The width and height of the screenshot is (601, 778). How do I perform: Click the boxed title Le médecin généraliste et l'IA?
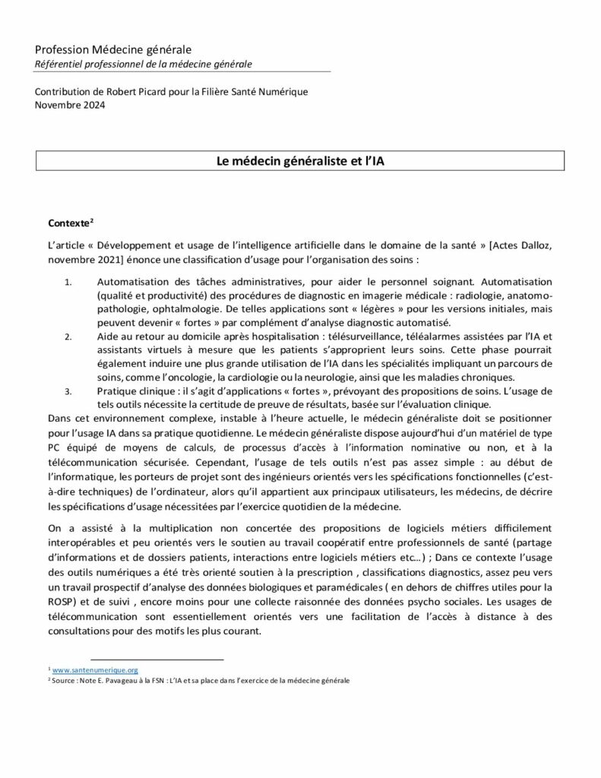tap(300, 161)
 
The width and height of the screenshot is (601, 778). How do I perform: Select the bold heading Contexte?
tap(68, 225)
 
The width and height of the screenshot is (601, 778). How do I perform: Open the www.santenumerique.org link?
tap(95, 670)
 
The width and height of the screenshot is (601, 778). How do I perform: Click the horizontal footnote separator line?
tap(157, 659)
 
